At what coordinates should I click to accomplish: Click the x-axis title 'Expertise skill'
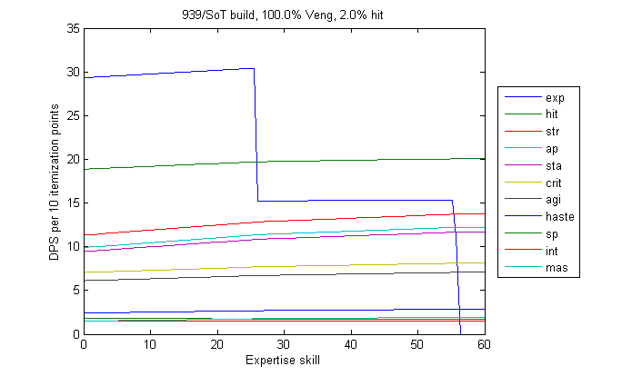coord(283,361)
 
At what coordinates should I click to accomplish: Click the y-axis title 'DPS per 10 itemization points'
coord(56,182)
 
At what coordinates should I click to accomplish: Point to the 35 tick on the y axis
coord(73,29)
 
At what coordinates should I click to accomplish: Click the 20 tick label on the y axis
coord(73,160)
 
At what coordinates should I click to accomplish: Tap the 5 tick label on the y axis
coord(75,291)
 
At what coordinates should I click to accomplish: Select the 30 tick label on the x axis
coord(283,345)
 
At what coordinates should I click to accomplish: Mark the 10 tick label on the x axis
coord(150,345)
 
